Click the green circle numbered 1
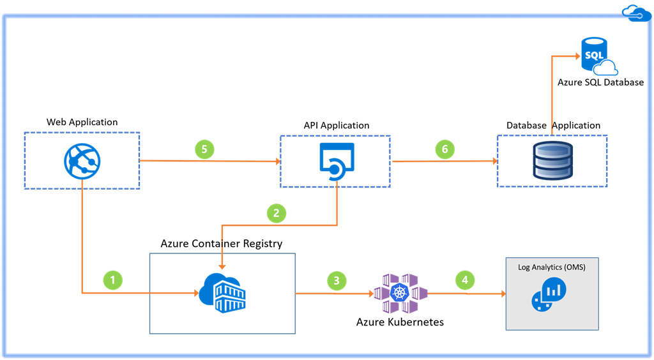coord(113,280)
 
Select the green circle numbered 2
coord(276,213)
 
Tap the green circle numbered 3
coord(337,280)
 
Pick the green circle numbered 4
coord(464,280)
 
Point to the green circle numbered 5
coord(204,149)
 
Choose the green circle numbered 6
coord(445,149)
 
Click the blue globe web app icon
coord(82,160)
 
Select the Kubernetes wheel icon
coord(400,294)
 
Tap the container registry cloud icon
coord(222,293)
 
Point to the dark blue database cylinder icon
coord(553,161)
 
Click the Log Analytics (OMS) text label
coord(552,267)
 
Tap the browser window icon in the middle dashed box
coord(335,161)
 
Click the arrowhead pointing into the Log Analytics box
coord(501,294)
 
